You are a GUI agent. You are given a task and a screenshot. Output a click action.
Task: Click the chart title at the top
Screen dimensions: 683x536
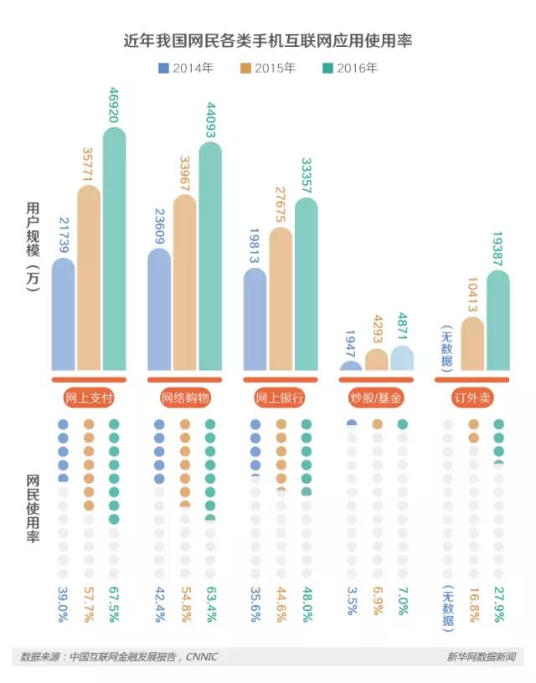tap(268, 39)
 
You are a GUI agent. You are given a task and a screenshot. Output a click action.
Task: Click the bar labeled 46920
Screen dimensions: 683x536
tap(114, 251)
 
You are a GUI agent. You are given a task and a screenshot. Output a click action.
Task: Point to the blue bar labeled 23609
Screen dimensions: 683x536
tap(159, 310)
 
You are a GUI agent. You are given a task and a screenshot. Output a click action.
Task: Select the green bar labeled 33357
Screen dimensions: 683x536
tap(307, 285)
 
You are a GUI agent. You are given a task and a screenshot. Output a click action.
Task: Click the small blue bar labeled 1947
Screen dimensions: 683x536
tap(352, 366)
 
